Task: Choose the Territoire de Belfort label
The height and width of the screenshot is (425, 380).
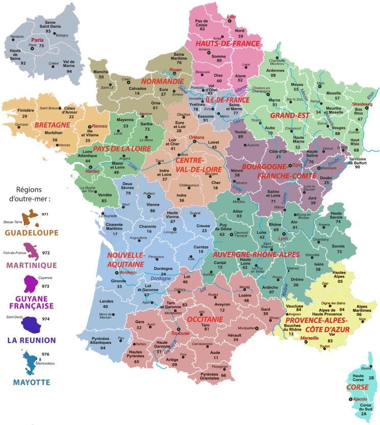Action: tap(358, 161)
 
